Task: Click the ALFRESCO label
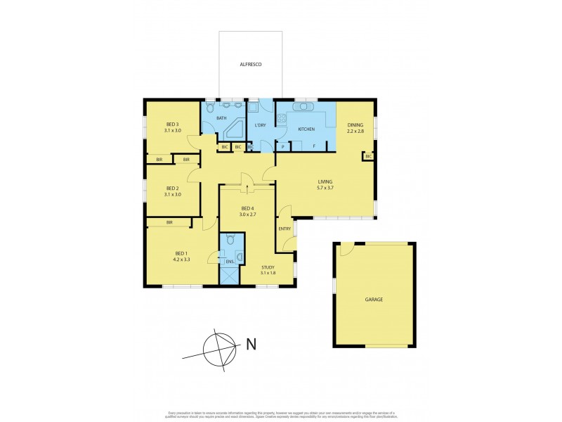251,63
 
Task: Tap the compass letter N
251,344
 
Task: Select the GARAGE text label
374,300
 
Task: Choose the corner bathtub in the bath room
235,129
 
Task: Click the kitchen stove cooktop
281,120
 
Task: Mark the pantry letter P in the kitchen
282,147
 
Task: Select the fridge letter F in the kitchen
313,147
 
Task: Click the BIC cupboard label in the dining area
367,156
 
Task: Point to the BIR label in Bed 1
170,222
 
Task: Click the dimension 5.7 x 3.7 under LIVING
329,188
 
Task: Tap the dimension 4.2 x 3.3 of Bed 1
182,260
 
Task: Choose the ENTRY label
285,229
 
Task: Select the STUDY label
268,267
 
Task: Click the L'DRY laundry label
259,125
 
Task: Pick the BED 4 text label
247,208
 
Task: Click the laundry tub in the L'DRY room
254,108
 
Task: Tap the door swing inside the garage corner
346,250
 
